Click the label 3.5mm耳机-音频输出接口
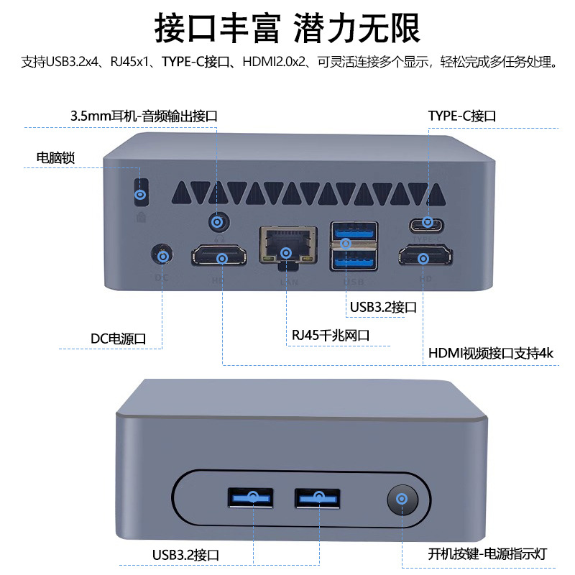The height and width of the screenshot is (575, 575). tap(143, 116)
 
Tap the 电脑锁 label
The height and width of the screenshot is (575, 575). tap(55, 157)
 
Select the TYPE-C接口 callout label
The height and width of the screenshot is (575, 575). tap(462, 116)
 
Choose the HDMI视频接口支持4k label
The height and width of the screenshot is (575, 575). tap(491, 354)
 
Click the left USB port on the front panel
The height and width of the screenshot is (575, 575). tap(250, 497)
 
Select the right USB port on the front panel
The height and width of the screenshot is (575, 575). tap(317, 497)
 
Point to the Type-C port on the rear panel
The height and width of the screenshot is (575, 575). tap(428, 222)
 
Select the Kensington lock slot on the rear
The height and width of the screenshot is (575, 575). tap(142, 192)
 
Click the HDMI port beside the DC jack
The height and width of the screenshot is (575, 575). tap(219, 257)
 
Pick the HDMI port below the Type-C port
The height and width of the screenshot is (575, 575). tap(426, 257)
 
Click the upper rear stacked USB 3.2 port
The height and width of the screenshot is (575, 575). tap(354, 231)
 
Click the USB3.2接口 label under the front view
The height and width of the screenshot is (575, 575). tap(185, 554)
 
